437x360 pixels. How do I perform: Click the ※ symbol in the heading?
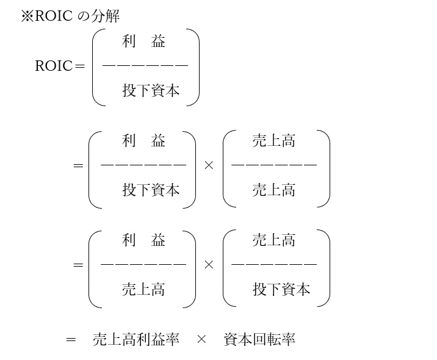point(27,16)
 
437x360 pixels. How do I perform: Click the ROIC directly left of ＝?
point(54,66)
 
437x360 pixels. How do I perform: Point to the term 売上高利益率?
point(135,340)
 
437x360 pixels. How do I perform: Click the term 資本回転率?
point(259,340)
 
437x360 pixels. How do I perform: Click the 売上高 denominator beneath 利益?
point(143,289)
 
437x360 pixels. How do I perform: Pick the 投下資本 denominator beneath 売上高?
point(281,289)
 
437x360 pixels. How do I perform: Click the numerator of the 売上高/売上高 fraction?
point(274,141)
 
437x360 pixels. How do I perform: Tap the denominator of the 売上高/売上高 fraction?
point(274,190)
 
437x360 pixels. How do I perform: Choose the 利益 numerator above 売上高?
point(143,240)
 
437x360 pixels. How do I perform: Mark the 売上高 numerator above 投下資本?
point(274,240)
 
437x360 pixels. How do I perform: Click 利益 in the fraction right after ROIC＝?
point(143,41)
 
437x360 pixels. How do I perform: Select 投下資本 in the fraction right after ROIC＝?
point(151,91)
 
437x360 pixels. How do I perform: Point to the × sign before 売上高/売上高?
point(209,165)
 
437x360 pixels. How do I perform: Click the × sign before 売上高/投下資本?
point(209,265)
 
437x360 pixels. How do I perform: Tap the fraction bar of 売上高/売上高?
point(274,165)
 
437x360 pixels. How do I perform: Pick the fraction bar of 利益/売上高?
point(143,264)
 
